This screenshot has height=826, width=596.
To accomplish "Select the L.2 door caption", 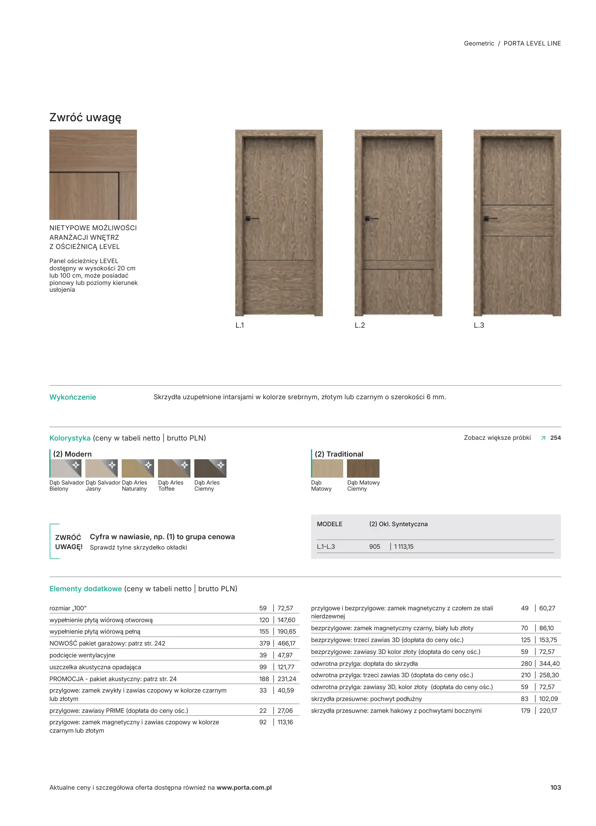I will [360, 325].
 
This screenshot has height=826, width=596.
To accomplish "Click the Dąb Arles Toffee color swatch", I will [174, 468].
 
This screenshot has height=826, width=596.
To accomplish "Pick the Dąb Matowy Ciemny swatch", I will [363, 468].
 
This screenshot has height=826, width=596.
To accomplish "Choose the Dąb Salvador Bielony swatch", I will [65, 468].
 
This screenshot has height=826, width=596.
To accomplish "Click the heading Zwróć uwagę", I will [85, 117].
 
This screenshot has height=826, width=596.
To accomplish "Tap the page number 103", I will [555, 787].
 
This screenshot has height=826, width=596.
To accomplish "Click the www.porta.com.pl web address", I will [244, 787].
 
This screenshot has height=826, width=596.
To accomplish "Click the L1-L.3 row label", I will [326, 546].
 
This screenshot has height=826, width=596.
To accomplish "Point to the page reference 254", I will [555, 438].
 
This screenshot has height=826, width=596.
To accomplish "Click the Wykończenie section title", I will [73, 397].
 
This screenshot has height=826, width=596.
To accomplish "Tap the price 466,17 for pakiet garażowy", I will [286, 643].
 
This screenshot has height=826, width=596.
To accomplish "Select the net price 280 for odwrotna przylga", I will [526, 663].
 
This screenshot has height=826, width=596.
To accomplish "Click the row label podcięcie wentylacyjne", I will [82, 655].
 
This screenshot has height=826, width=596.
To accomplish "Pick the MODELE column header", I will [329, 524].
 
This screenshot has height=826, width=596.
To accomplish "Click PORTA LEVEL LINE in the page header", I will [532, 44].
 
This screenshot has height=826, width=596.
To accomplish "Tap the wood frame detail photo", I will [93, 175].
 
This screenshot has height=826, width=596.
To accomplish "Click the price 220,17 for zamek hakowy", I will [548, 711].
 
